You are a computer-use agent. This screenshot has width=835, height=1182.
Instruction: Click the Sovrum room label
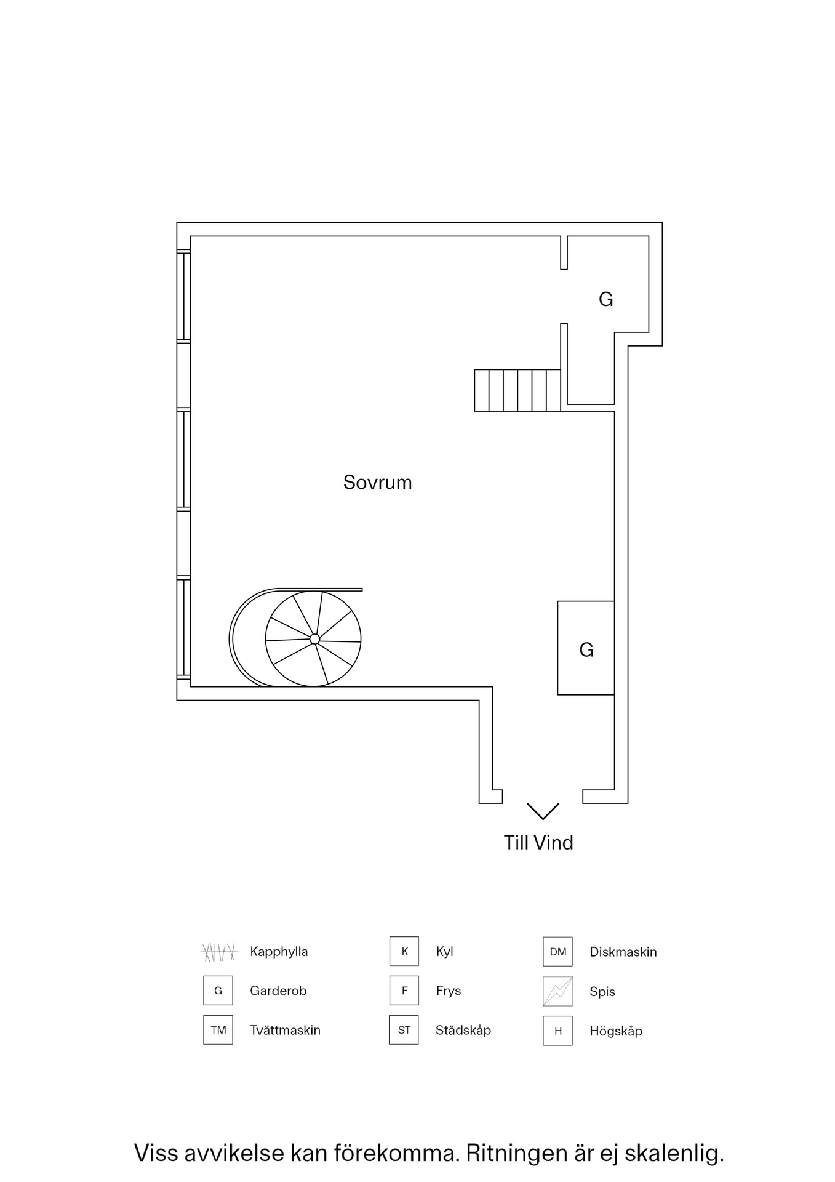click(x=377, y=482)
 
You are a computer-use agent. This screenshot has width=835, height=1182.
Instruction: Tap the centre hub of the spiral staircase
click(x=314, y=639)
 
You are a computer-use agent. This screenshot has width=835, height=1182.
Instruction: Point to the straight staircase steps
click(x=517, y=390)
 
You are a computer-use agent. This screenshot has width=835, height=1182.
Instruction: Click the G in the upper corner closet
click(x=605, y=300)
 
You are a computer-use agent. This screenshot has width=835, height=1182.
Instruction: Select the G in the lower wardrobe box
click(x=586, y=650)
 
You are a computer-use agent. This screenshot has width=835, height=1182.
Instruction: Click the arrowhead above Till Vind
click(x=543, y=811)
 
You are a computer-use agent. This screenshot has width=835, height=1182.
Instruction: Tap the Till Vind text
click(x=538, y=843)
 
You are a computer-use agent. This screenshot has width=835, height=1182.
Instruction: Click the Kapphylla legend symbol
click(x=219, y=952)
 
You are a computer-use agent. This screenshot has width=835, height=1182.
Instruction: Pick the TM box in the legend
click(x=218, y=1030)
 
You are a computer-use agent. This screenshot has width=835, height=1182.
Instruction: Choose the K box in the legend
click(x=404, y=951)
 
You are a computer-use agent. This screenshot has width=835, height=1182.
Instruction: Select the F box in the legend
click(x=404, y=991)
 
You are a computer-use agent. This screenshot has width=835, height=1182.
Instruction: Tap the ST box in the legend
click(x=404, y=1030)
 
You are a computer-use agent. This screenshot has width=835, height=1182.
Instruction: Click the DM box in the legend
click(x=557, y=952)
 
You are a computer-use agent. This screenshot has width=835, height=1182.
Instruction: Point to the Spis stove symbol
click(x=557, y=991)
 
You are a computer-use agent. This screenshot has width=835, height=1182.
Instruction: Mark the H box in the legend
click(x=557, y=1031)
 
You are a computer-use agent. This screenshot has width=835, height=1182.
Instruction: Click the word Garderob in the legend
click(x=278, y=991)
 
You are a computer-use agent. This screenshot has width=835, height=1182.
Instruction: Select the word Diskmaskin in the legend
click(x=623, y=952)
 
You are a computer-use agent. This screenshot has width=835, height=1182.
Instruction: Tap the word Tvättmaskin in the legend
click(x=285, y=1030)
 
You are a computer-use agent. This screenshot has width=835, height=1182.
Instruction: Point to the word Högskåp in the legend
click(x=615, y=1031)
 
